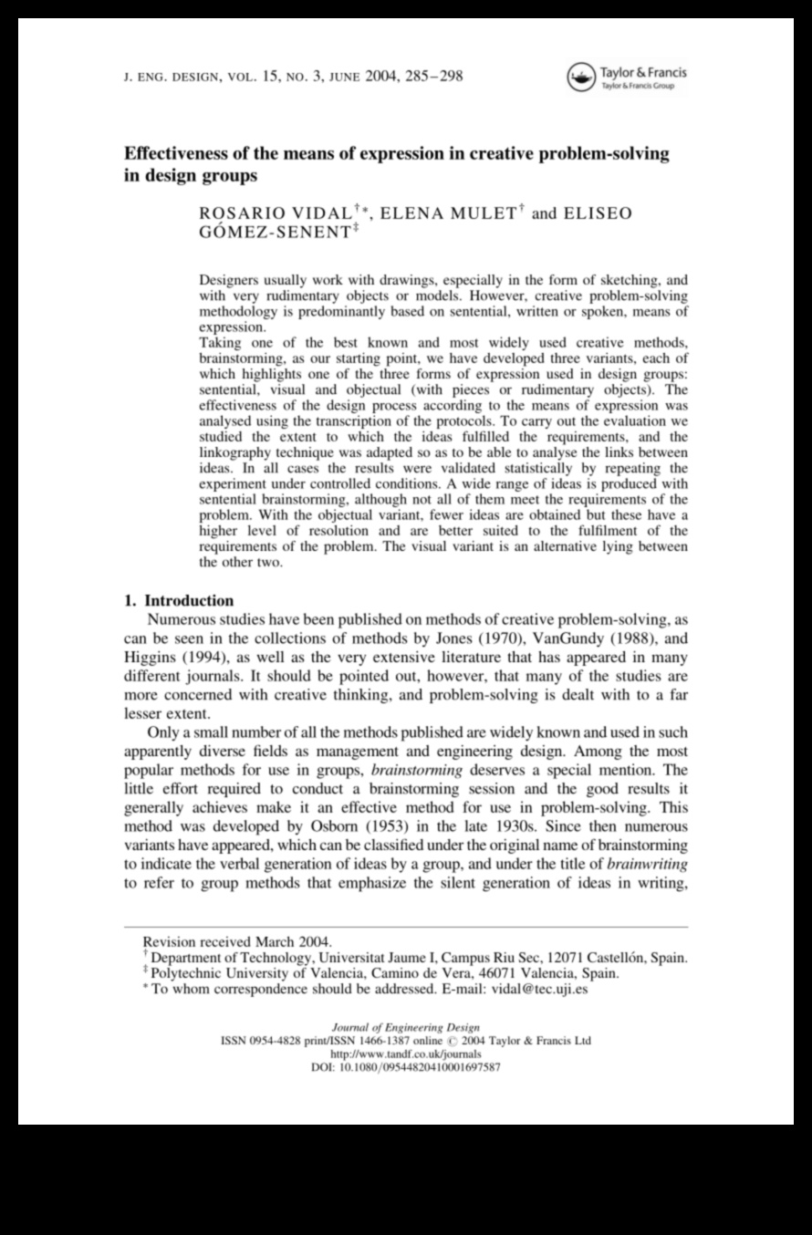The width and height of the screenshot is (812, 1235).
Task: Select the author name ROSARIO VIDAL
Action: (275, 214)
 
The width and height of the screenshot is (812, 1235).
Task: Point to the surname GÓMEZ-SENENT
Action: (273, 233)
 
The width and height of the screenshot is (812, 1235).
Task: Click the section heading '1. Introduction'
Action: (179, 600)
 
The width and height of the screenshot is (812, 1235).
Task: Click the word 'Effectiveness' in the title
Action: (182, 153)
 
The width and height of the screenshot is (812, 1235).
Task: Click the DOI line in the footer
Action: (406, 1066)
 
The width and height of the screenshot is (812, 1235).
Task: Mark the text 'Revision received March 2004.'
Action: (238, 941)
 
